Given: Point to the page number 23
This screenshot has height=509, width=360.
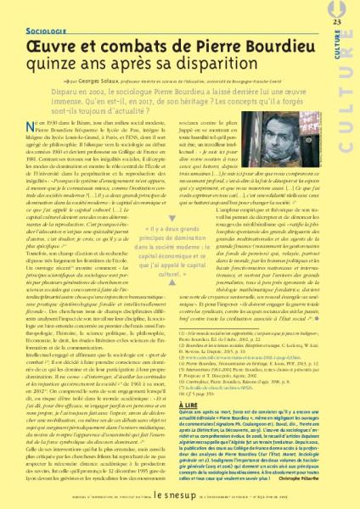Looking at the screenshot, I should pos(337,20).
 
